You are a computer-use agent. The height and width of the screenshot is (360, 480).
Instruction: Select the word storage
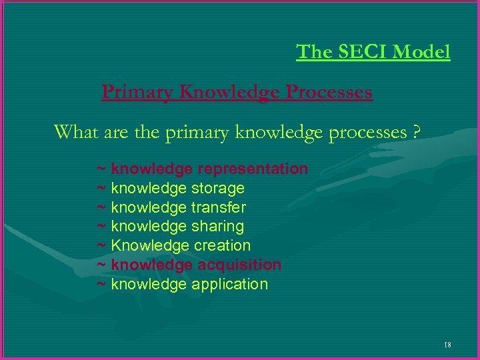click(x=218, y=188)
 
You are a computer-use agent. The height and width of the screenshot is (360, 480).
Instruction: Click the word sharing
click(x=218, y=227)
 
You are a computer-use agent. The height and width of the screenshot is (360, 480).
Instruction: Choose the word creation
click(x=222, y=246)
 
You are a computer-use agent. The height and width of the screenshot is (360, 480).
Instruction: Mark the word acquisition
click(x=239, y=265)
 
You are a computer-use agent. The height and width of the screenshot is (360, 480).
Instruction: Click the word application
click(x=230, y=285)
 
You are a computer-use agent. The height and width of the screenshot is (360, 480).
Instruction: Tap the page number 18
click(x=447, y=345)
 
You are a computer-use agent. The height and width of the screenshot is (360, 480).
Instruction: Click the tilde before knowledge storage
click(x=101, y=189)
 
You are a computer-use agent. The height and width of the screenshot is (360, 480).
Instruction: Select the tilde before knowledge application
click(x=101, y=285)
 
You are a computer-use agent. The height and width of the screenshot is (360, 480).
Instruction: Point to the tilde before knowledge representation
click(x=101, y=169)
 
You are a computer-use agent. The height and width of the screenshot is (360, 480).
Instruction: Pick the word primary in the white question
click(x=197, y=133)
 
